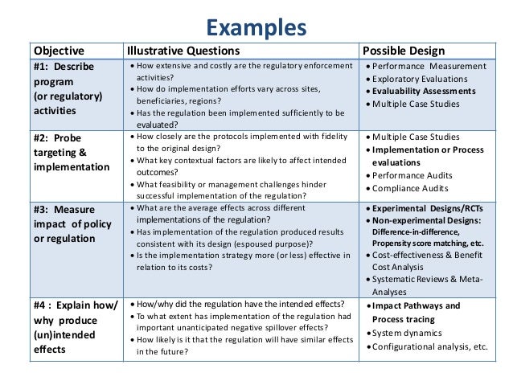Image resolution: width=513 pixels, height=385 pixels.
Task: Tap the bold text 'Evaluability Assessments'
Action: (429, 91)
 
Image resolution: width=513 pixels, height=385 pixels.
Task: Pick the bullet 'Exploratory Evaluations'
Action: (426, 78)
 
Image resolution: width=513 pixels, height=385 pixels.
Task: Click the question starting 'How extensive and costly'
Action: (241, 64)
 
